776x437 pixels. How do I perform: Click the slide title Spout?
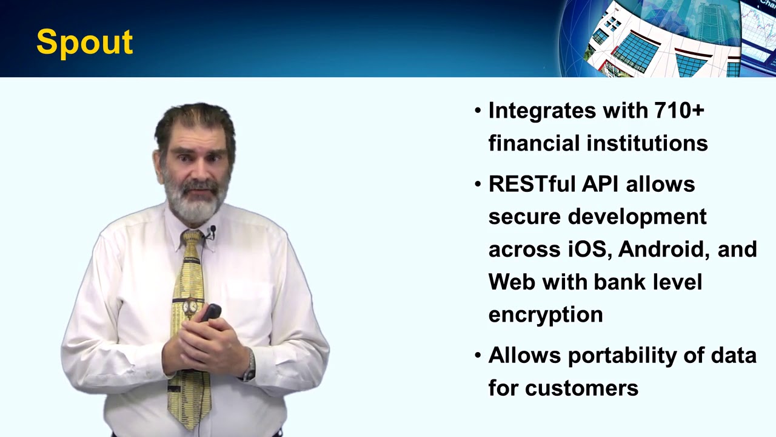point(84,42)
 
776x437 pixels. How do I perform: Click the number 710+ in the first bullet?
point(679,110)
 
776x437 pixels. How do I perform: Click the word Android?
point(664,249)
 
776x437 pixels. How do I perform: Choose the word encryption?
point(546,315)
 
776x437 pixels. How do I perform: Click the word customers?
point(582,388)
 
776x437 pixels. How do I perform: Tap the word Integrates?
point(541,110)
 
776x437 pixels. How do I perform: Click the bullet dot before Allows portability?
point(478,355)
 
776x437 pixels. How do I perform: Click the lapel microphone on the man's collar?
point(212,231)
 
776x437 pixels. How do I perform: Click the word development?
point(637,217)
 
